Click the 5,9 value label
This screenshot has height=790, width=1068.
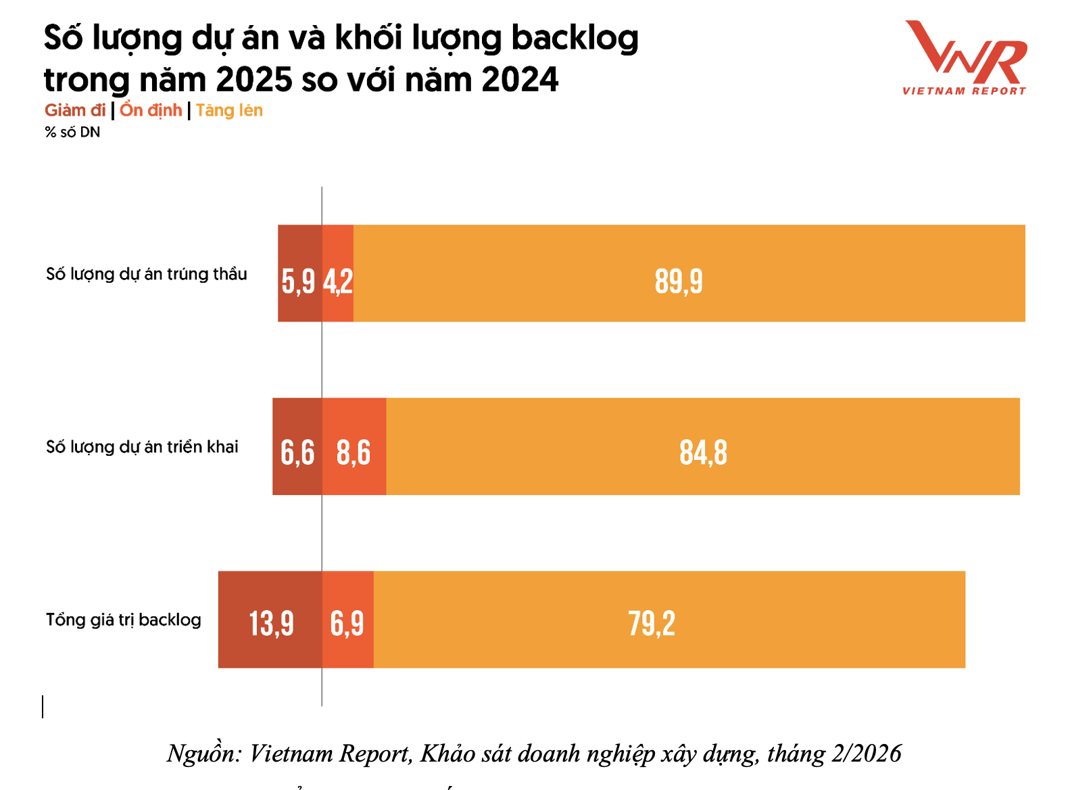pyautogui.click(x=298, y=281)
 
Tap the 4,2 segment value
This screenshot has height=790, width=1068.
pyautogui.click(x=338, y=281)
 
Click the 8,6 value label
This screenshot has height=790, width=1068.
pyautogui.click(x=354, y=452)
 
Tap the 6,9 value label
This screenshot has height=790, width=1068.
pyautogui.click(x=347, y=622)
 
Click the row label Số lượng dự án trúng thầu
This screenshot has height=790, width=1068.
pyautogui.click(x=146, y=274)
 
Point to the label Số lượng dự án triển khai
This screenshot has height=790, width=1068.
pyautogui.click(x=142, y=447)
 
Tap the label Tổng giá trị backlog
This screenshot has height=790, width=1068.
pyautogui.click(x=124, y=620)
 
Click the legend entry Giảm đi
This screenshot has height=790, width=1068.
pyautogui.click(x=75, y=110)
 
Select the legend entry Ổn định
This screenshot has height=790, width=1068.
pyautogui.click(x=151, y=110)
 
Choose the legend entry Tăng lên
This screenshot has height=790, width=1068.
pyautogui.click(x=229, y=110)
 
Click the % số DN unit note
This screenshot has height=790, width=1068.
pyautogui.click(x=72, y=133)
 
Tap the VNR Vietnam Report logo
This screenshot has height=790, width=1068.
pyautogui.click(x=965, y=57)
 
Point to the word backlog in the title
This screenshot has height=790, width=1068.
pyautogui.click(x=575, y=38)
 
